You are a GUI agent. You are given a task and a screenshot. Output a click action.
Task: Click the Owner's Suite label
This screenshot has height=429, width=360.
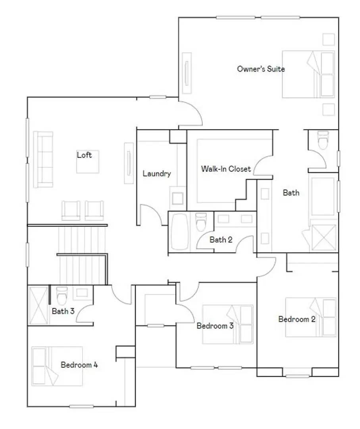click(261, 69)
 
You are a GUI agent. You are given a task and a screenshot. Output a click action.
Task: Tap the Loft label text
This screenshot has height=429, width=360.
click(84, 155)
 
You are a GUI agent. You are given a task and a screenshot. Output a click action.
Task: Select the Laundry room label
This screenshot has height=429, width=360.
click(157, 174)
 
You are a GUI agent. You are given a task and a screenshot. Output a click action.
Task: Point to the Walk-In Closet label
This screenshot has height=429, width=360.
click(226, 169)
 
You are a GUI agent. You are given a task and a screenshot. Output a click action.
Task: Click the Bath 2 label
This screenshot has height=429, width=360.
click(221, 240)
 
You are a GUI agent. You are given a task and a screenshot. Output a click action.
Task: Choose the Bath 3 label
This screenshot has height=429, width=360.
click(63, 311)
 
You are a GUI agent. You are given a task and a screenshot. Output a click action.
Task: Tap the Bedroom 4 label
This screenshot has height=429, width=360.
click(79, 365)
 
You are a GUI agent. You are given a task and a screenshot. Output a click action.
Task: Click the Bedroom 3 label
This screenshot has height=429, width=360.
click(215, 326)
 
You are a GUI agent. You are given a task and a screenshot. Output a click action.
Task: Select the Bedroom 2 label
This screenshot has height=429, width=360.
click(297, 319)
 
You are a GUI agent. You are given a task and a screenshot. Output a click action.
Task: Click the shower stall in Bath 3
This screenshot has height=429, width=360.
click(39, 305)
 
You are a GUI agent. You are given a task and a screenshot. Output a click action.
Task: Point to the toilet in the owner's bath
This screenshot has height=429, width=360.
click(323, 141)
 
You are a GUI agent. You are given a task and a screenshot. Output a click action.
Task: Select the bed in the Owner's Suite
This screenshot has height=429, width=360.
click(308, 74)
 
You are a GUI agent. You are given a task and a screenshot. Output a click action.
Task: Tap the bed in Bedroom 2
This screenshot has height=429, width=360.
click(310, 317)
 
